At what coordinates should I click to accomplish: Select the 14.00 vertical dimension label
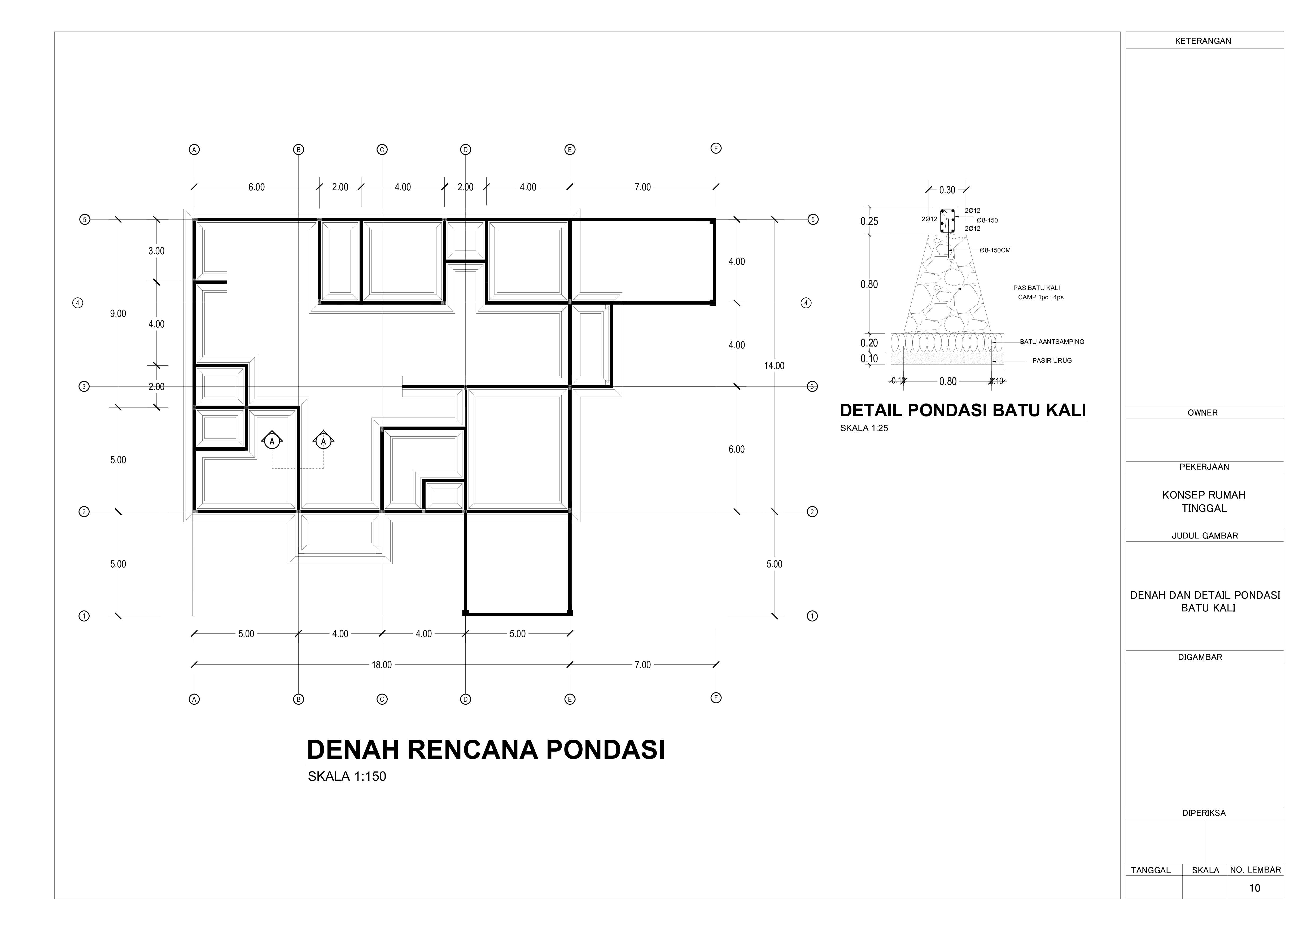pyautogui.click(x=774, y=366)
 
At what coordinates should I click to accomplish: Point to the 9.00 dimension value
pyautogui.click(x=118, y=313)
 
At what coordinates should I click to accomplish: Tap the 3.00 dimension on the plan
pyautogui.click(x=156, y=251)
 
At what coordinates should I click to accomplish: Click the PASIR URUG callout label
pyautogui.click(x=1052, y=361)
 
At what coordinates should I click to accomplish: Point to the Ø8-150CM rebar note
pyautogui.click(x=995, y=251)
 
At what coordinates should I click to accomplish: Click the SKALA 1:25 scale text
pyautogui.click(x=864, y=428)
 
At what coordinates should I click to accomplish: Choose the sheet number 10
pyautogui.click(x=1255, y=888)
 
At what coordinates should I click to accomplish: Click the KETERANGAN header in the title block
pyautogui.click(x=1203, y=41)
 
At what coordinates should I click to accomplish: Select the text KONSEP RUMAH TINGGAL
pyautogui.click(x=1204, y=501)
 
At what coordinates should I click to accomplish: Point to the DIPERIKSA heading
pyautogui.click(x=1204, y=813)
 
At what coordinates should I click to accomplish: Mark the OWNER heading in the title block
pyautogui.click(x=1203, y=413)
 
